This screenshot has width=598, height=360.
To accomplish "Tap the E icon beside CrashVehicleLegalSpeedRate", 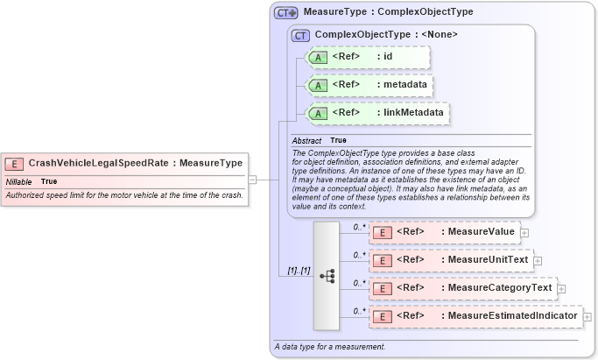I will pos(14,163).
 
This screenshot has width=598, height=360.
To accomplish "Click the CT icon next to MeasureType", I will pos(285,13).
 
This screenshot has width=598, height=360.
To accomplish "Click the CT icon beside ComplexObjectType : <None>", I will pos(301,35).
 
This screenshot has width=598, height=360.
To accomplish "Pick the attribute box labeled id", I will pos(367,58).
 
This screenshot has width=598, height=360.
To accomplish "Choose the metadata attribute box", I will pos(369,85).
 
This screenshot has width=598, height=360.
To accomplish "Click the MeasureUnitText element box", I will pos(450,260).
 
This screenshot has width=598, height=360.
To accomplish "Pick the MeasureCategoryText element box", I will pos(462,288).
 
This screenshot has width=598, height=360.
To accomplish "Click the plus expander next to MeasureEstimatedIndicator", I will pos(587,316).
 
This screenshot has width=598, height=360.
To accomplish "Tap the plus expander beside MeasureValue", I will pos(524,232).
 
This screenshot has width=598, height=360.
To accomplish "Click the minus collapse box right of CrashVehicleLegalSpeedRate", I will pos(252,180).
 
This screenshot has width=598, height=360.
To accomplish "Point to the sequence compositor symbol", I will pos(327,275).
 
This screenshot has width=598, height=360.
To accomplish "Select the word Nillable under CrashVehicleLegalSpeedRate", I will pos(19,181).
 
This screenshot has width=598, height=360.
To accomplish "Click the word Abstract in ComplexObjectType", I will pos(306,140).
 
